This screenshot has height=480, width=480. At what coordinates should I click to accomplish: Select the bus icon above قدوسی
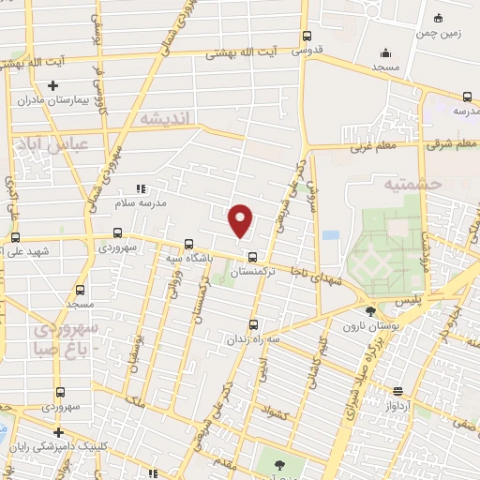tap(307, 37)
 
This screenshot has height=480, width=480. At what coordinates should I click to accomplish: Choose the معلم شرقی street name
tap(429, 145)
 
